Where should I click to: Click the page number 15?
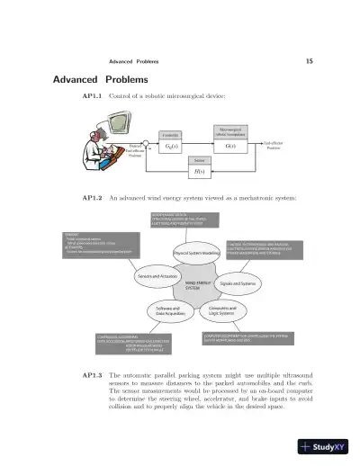(309, 61)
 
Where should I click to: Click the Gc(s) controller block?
(170, 145)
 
